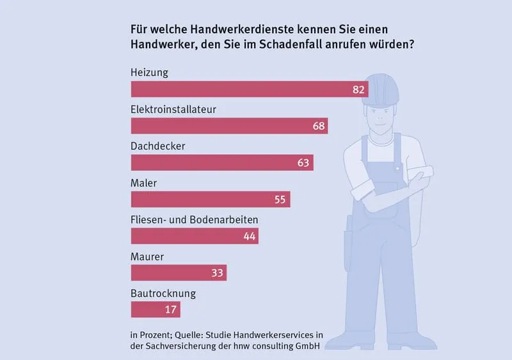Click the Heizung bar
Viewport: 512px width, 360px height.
point(249,89)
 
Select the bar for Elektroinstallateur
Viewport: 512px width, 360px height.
point(229,125)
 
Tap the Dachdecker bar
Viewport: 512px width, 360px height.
point(221,162)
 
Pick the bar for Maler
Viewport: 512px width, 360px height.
point(210,200)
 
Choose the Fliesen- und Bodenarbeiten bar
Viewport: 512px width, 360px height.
point(195,236)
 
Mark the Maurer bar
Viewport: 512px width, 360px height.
point(179,273)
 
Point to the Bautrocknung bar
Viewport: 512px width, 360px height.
point(156,310)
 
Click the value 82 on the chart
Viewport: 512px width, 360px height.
point(358,90)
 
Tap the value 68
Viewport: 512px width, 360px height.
point(319,126)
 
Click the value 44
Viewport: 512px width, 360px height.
point(250,237)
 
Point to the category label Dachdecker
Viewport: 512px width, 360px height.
point(157,146)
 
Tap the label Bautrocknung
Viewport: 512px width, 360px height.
point(163,294)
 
